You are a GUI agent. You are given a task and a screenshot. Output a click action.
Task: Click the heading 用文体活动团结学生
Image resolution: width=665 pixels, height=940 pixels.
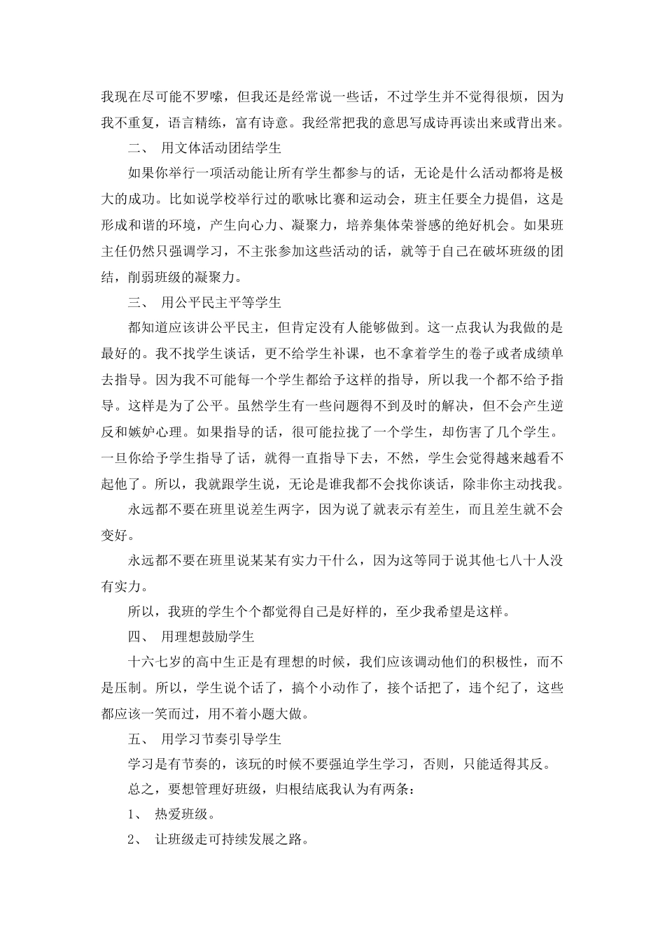pyautogui.click(x=220, y=149)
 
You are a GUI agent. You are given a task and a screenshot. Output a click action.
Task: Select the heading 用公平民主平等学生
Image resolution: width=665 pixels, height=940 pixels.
pyautogui.click(x=220, y=303)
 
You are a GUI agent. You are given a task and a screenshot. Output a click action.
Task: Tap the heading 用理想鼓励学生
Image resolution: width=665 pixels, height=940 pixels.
pyautogui.click(x=206, y=637)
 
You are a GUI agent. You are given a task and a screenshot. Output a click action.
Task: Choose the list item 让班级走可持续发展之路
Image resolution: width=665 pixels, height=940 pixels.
pyautogui.click(x=230, y=840)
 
